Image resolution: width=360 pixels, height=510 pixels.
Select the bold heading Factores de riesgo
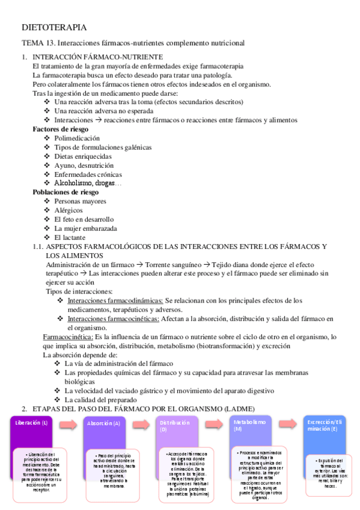(60, 129)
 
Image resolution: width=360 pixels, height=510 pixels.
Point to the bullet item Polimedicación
(77, 138)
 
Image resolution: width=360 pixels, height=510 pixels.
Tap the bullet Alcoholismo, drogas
(88, 183)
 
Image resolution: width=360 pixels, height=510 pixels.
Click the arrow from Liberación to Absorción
(68, 425)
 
